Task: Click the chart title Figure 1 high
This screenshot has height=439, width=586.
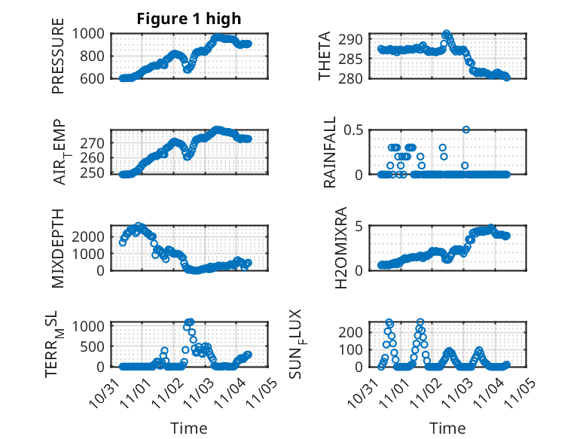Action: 188,19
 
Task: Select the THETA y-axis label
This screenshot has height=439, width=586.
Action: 325,56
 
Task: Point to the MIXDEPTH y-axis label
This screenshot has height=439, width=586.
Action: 58,248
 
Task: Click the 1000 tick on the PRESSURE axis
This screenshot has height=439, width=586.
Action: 91,33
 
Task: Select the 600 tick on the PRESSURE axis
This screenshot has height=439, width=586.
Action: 96,78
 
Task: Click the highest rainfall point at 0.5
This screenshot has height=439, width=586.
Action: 466,130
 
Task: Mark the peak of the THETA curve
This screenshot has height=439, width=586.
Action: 447,34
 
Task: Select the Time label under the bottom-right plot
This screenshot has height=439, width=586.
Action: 447,428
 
